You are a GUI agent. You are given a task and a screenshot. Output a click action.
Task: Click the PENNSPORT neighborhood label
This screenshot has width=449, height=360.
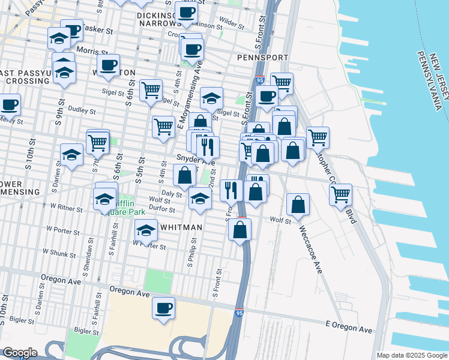pos(263,58)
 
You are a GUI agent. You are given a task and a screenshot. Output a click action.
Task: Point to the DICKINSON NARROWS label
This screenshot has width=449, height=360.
pos(160,20)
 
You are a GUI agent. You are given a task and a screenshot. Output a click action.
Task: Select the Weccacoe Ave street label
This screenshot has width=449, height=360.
pos(311,247)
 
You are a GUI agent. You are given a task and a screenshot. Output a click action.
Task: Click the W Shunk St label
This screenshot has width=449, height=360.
pos(64,254)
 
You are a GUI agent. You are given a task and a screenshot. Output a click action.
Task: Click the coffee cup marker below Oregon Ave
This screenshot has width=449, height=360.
pos(163,308)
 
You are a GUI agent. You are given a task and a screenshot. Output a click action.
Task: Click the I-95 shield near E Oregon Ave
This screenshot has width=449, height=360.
pos(240,313)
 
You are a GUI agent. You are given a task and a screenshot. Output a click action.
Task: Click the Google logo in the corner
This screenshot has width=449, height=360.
pos(20,353)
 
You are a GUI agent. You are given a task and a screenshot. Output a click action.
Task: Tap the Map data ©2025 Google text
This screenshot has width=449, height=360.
pos(412,355)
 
